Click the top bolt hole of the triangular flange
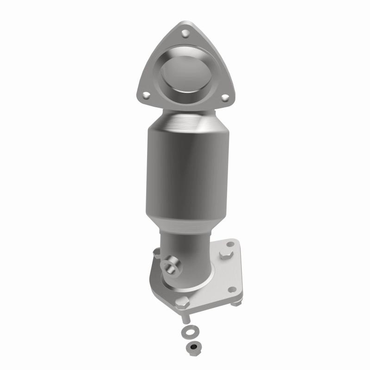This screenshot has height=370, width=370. (185, 33)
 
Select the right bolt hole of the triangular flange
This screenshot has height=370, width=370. (225, 98)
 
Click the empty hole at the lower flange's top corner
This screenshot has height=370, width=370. (230, 243)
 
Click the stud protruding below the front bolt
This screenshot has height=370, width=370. (185, 318)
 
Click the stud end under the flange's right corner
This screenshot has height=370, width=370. (237, 303)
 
